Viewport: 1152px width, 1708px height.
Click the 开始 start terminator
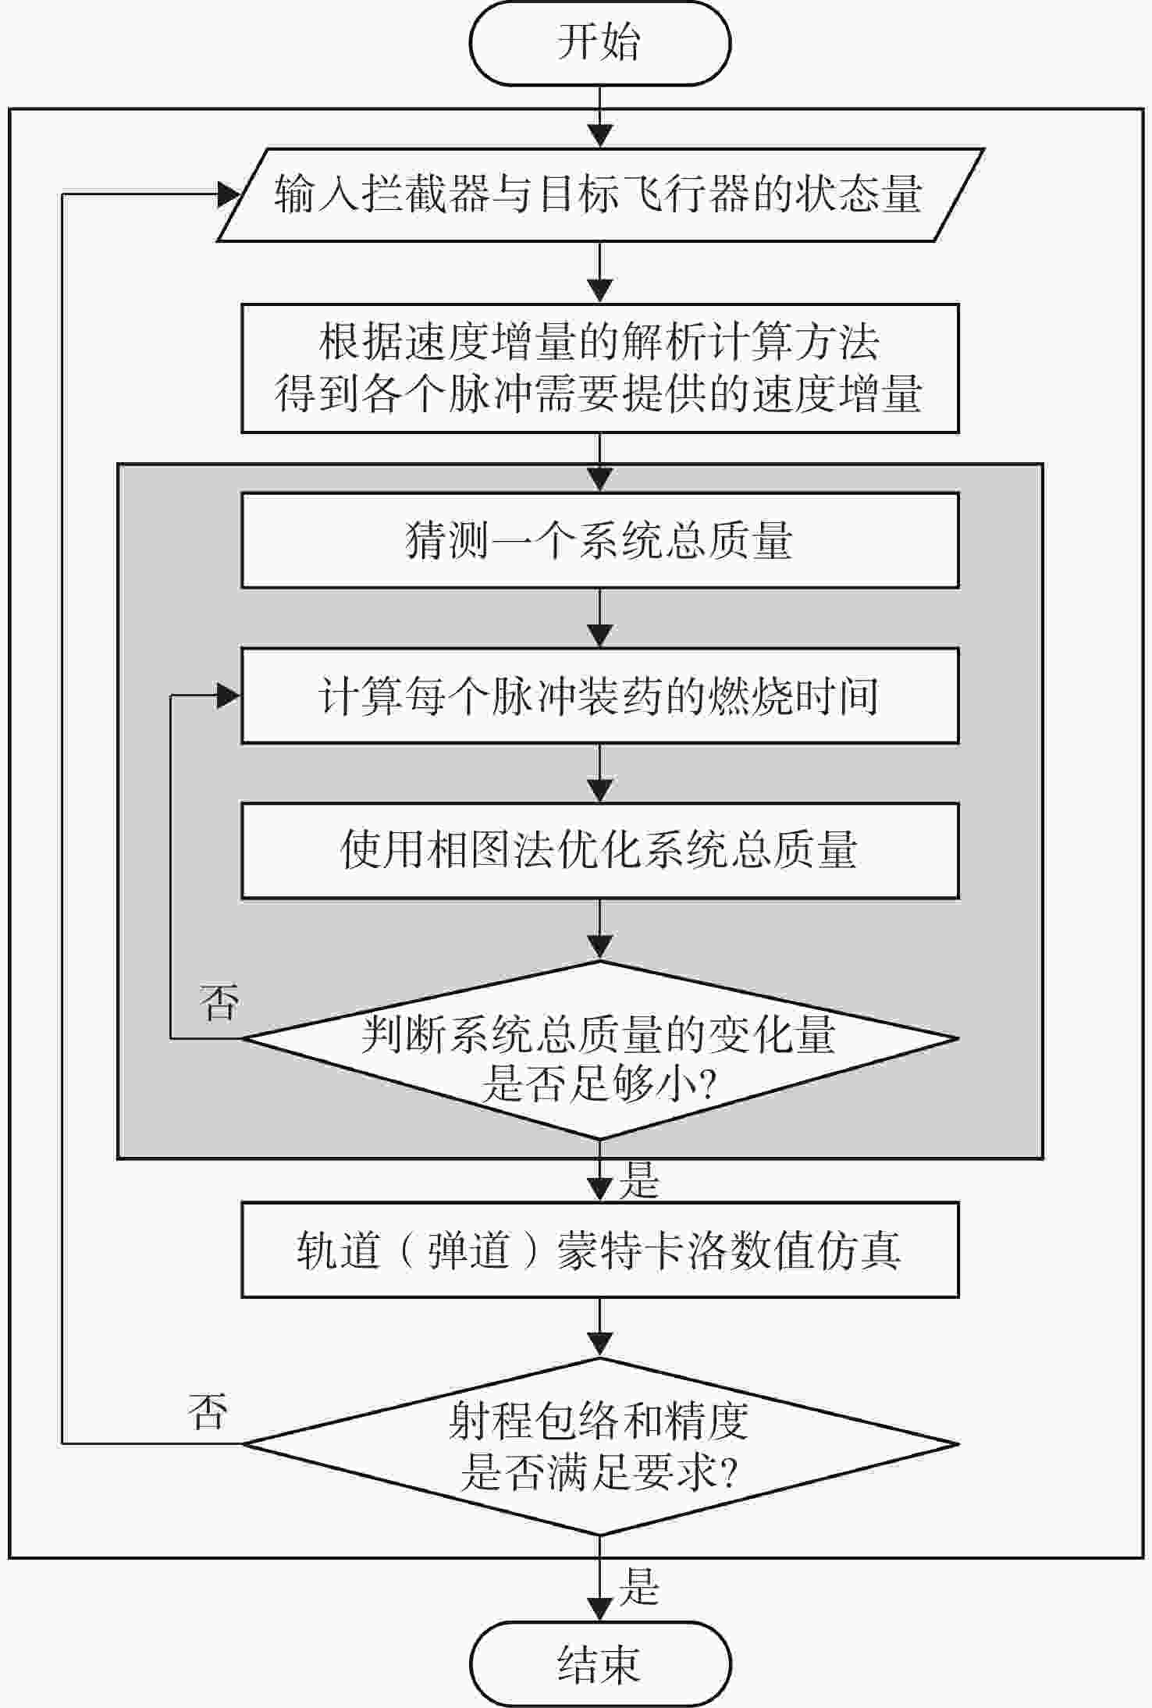pos(599,43)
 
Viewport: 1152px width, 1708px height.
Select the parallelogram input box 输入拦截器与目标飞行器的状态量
pos(599,194)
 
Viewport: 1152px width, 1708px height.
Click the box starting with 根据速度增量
pos(599,368)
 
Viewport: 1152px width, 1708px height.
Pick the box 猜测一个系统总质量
pos(599,540)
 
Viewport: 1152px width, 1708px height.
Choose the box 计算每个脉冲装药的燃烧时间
pos(599,696)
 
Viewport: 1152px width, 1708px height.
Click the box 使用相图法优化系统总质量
pos(599,851)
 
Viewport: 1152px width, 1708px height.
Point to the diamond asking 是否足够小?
pos(599,1050)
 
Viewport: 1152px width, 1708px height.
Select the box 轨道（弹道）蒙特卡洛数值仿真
pos(599,1250)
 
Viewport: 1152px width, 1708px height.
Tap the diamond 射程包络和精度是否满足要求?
pos(599,1445)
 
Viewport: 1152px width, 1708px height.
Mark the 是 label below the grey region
pos(639,1180)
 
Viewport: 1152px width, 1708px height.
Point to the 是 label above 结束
pos(639,1585)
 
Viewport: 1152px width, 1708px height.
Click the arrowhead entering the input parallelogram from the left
pos(229,194)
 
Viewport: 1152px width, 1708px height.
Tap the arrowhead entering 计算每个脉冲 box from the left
pos(229,696)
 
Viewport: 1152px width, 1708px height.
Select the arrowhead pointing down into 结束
pos(599,1610)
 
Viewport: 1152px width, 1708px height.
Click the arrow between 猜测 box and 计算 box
pos(599,617)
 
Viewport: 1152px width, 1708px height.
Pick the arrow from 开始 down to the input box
pos(599,116)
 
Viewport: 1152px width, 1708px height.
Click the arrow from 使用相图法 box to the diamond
pos(599,930)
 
